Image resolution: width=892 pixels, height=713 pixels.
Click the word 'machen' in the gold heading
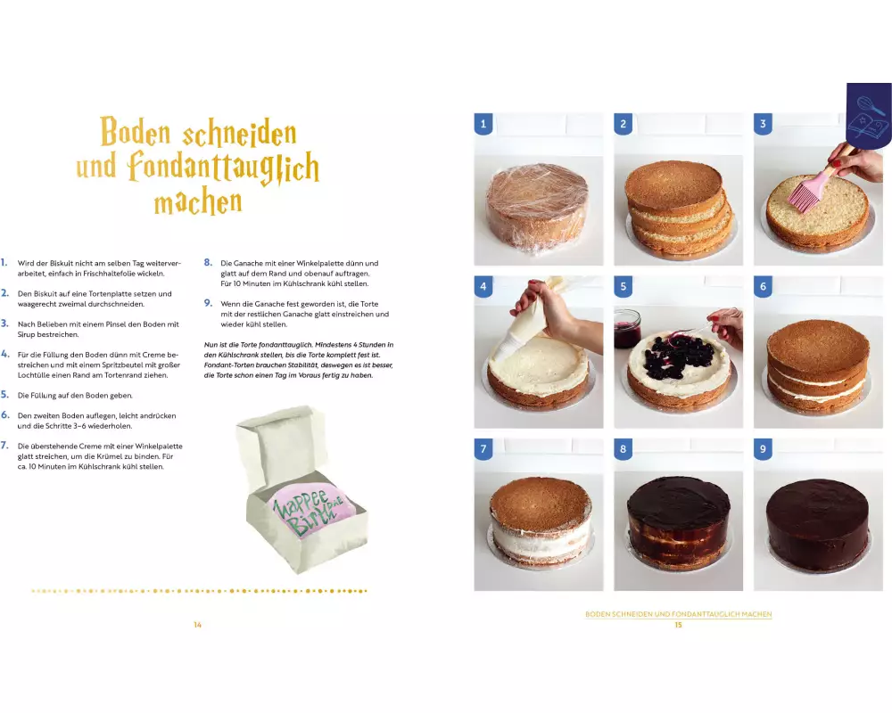tap(198, 202)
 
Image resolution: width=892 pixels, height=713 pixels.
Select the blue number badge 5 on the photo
tap(623, 287)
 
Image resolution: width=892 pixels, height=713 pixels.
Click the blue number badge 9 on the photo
tap(763, 449)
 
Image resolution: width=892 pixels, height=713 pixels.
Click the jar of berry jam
tap(627, 326)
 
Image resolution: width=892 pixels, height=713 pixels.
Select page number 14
tap(197, 625)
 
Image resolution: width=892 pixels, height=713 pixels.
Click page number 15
tap(678, 625)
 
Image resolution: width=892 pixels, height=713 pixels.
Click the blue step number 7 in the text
tap(4, 446)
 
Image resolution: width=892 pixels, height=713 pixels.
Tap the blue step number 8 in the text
tap(208, 262)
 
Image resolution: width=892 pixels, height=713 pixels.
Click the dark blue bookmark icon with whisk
tap(869, 116)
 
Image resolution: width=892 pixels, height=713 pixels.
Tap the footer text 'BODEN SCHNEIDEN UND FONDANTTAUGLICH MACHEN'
tap(678, 614)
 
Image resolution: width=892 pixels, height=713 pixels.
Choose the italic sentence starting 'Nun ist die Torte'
tap(299, 360)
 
